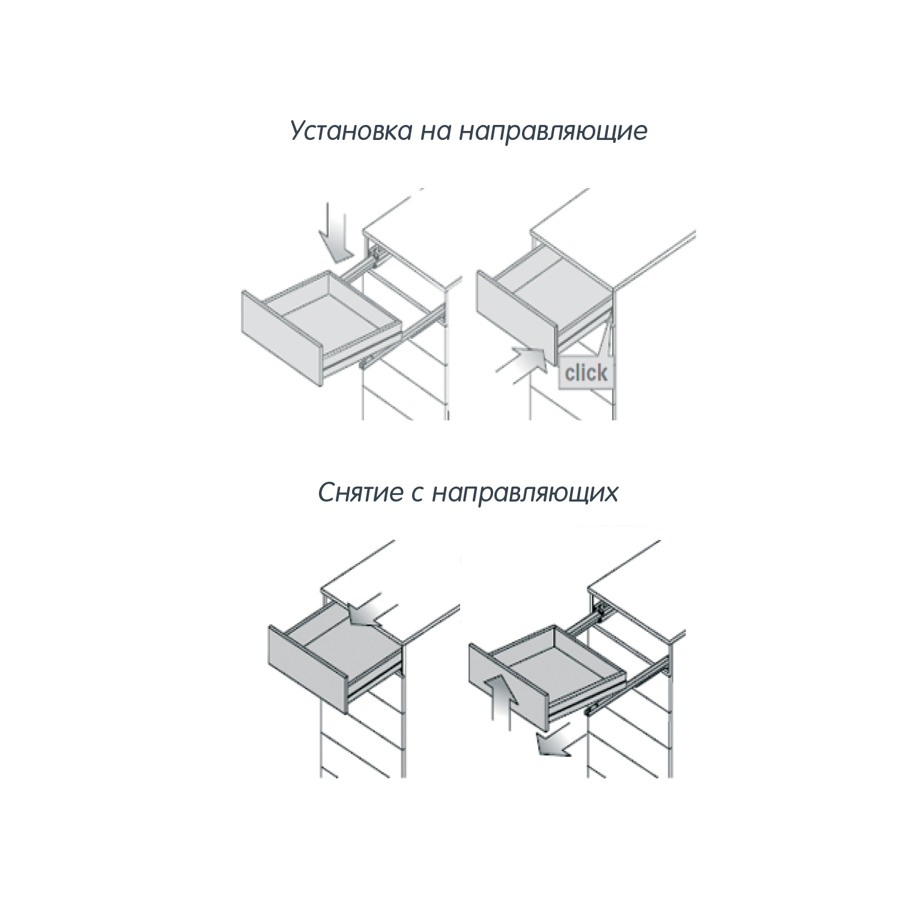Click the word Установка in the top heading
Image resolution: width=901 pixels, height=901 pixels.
(350, 132)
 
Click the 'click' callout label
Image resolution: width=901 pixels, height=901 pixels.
(586, 372)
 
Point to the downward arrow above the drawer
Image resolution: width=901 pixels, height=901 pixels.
(336, 232)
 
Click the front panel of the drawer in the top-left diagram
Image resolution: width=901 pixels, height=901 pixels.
(281, 339)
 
